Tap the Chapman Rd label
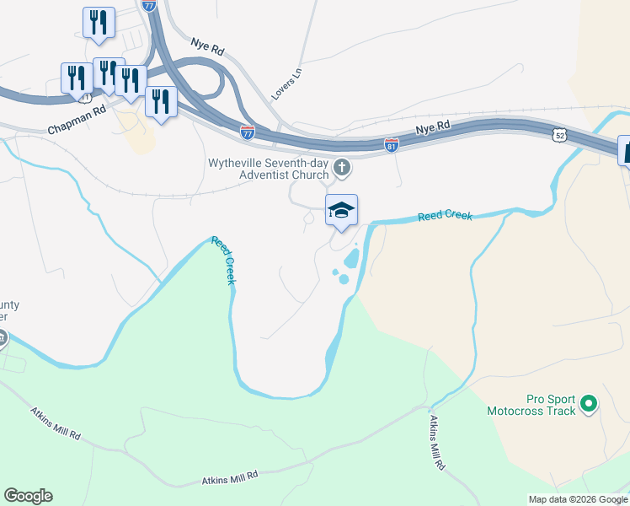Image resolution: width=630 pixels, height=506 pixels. pos(77,120)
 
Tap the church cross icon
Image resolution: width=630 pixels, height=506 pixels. pos(342,167)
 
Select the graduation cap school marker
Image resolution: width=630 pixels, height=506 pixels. pos(341,211)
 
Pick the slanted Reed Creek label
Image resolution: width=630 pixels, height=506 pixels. pos(224,261)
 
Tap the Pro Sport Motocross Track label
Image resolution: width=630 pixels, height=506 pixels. pos(531,405)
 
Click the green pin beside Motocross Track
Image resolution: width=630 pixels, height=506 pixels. pos(590,406)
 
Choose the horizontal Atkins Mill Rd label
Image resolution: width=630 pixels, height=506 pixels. pos(229,479)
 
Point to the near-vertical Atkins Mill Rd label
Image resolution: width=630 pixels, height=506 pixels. pos(436,442)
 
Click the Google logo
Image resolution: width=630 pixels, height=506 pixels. pos(28,496)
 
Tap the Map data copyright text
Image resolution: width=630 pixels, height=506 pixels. pos(577,499)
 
